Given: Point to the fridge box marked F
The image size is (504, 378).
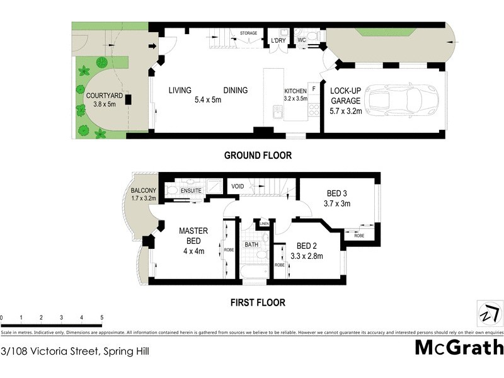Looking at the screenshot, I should (312, 89).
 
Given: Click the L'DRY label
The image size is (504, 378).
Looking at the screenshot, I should (278, 42).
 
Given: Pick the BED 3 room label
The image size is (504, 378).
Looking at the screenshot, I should (338, 193).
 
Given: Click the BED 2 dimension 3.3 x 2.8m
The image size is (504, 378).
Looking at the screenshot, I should (307, 256).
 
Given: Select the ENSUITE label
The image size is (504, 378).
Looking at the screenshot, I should (191, 190).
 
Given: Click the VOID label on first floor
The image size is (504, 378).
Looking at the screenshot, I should (238, 186).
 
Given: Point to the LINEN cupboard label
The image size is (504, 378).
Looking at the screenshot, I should (264, 224).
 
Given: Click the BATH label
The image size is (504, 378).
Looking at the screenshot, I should (251, 244).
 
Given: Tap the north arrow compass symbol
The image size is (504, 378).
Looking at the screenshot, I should (490, 313).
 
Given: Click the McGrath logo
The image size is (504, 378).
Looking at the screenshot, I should (459, 347).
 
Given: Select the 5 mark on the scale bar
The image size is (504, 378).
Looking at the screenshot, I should (101, 318).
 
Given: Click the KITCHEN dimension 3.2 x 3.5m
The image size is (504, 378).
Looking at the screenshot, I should (295, 98).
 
